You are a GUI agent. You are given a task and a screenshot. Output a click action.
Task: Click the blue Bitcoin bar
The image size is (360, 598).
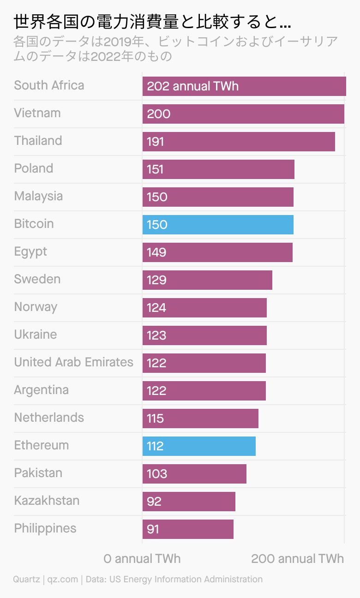click(x=218, y=225)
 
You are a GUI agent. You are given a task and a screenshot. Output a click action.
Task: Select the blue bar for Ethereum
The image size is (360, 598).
click(x=199, y=446)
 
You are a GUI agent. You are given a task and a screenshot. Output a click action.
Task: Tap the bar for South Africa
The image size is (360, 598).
click(x=244, y=86)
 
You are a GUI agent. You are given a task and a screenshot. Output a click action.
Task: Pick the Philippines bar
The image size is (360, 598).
click(x=188, y=529)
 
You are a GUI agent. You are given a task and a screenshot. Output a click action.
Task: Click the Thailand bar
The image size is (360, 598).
click(x=239, y=142)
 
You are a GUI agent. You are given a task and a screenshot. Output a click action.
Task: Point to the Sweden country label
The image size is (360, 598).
click(x=37, y=279)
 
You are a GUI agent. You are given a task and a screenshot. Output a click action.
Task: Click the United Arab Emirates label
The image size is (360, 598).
click(x=74, y=362)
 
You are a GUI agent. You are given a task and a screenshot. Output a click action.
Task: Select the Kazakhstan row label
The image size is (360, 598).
click(x=47, y=501)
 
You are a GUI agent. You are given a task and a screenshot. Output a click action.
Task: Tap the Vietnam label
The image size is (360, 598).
click(x=37, y=113)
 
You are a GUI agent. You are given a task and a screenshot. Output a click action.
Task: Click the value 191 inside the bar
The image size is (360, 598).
click(x=156, y=142)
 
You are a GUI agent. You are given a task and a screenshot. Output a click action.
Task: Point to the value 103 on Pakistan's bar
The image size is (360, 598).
click(x=157, y=474)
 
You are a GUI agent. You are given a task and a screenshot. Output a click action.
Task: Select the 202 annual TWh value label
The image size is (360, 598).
click(x=192, y=86)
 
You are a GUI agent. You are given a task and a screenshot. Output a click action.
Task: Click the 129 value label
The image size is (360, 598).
click(x=156, y=280)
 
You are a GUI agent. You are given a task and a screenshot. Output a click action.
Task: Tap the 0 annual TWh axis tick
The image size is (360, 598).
click(x=142, y=559)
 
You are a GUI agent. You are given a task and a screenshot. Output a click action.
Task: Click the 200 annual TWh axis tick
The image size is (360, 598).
click(x=298, y=559)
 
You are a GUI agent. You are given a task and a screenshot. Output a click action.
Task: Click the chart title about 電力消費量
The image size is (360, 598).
click(x=152, y=22)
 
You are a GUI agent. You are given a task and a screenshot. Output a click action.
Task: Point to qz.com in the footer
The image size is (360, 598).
click(x=63, y=580)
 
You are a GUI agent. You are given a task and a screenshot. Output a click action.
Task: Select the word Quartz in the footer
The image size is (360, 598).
click(x=27, y=580)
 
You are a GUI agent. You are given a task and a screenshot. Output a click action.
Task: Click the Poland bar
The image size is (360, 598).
click(x=218, y=169)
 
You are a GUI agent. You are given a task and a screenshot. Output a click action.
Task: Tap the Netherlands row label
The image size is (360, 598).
click(x=49, y=418)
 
